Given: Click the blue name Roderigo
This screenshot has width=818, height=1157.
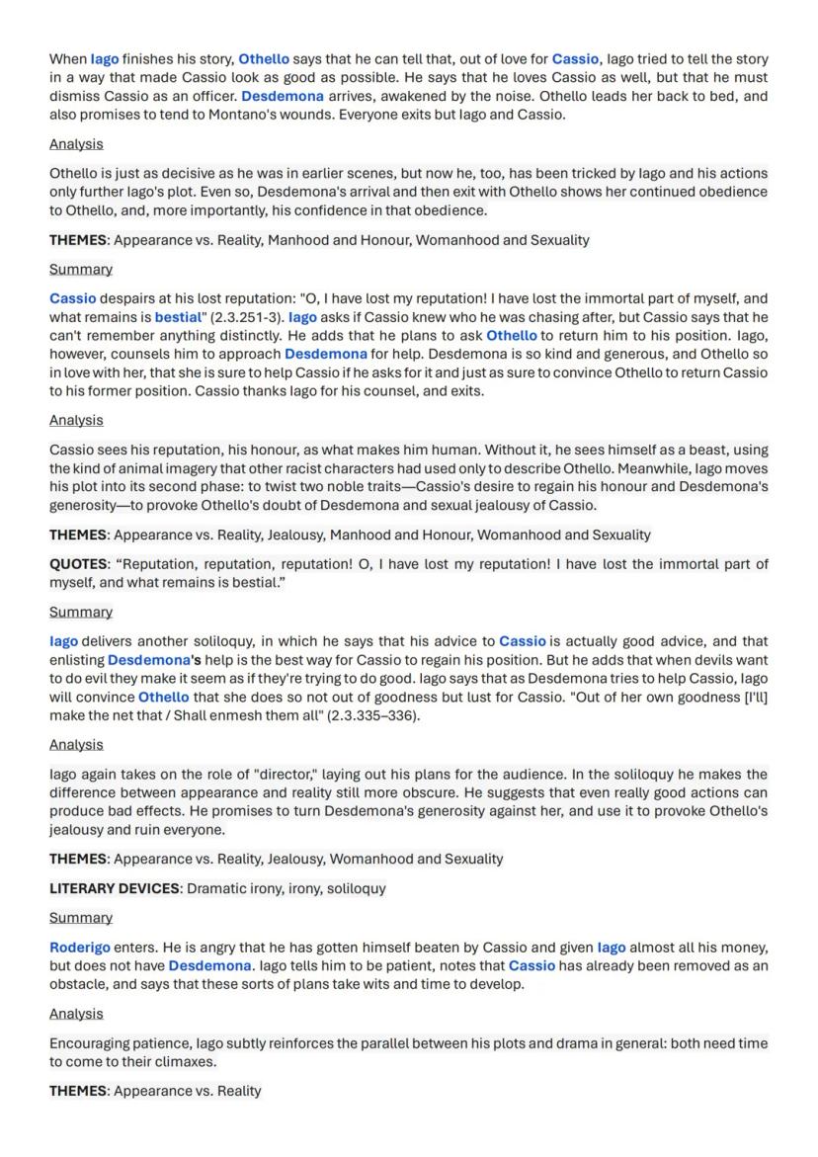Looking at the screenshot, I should [x=80, y=947].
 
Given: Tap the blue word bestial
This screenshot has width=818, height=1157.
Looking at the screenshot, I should [x=177, y=317].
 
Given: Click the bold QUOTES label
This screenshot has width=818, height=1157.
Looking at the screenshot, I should [x=78, y=563].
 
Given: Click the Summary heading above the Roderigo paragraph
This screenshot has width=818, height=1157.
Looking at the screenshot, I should [x=81, y=917].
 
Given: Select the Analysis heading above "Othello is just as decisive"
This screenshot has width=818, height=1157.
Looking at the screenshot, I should [x=76, y=143].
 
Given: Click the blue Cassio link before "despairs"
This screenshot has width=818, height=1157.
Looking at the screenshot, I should [x=73, y=297].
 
